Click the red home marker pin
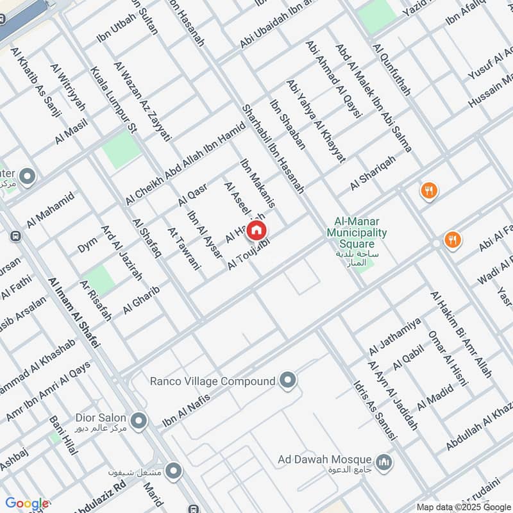[256, 230]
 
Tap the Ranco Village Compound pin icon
[288, 381]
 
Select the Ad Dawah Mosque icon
[384, 462]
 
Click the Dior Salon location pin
[140, 421]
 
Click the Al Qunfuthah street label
[391, 70]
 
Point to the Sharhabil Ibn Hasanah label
[272, 149]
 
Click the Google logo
[26, 503]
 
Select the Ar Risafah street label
[96, 300]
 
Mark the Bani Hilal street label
[63, 436]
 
